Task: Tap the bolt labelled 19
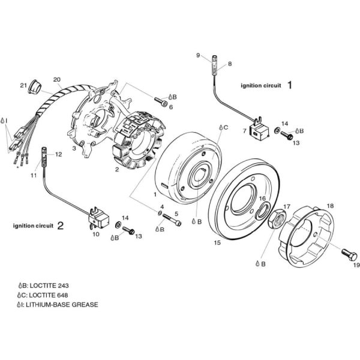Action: [349, 254]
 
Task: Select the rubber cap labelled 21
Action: [35, 86]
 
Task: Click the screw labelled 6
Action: [160, 213]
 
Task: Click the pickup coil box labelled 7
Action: [259, 130]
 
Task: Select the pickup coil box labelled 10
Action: [98, 218]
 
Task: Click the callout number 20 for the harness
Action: [57, 80]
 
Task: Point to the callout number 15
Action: [217, 242]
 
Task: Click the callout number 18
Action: [330, 206]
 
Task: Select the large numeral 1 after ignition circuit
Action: [290, 85]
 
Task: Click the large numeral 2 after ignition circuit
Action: [60, 226]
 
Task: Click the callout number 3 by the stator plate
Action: [74, 148]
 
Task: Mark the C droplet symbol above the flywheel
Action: [221, 127]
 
